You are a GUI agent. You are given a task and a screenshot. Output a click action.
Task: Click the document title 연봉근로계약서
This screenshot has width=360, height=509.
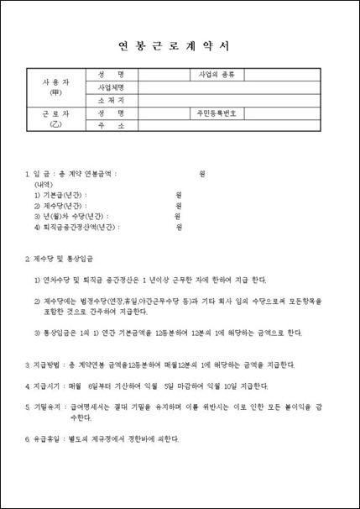pyautogui.click(x=180, y=47)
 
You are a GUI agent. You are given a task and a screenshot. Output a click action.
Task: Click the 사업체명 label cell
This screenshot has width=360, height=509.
pyautogui.click(x=112, y=87)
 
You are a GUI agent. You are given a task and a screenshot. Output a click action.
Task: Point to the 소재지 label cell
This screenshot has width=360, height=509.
pyautogui.click(x=112, y=99)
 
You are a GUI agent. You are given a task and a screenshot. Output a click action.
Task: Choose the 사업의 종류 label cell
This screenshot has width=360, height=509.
pyautogui.click(x=217, y=74)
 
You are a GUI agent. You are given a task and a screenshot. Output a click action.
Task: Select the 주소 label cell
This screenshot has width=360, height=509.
pyautogui.click(x=112, y=125)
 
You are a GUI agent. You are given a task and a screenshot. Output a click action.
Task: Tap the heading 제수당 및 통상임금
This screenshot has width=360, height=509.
pyautogui.click(x=64, y=258)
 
